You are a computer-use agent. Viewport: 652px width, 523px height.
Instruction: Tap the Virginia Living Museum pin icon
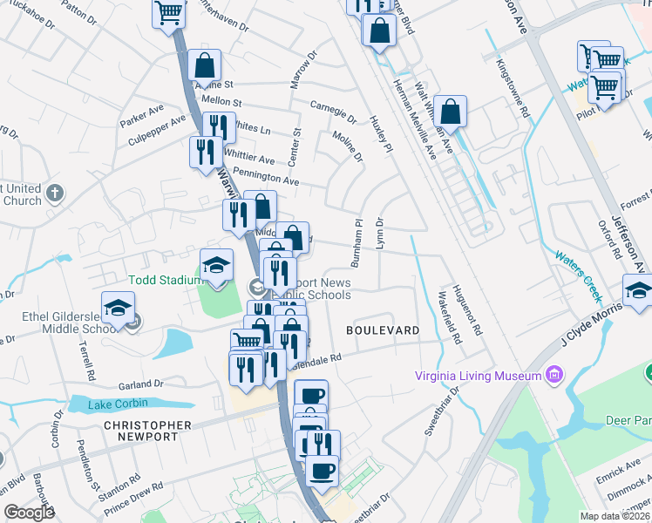click(553, 377)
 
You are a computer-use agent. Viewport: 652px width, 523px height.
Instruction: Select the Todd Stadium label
click(160, 281)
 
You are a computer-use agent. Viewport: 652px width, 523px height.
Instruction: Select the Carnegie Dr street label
click(333, 111)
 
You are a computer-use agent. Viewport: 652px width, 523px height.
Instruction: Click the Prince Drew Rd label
click(134, 499)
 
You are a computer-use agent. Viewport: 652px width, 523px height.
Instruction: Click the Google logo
click(30, 513)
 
